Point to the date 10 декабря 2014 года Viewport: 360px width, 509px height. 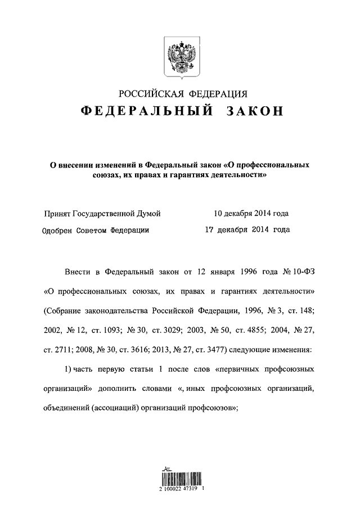point(251,214)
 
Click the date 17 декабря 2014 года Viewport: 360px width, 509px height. point(247,229)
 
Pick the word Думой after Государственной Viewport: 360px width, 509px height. point(148,214)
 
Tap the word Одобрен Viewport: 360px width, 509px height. point(60,230)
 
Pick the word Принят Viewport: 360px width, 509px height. point(57,214)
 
